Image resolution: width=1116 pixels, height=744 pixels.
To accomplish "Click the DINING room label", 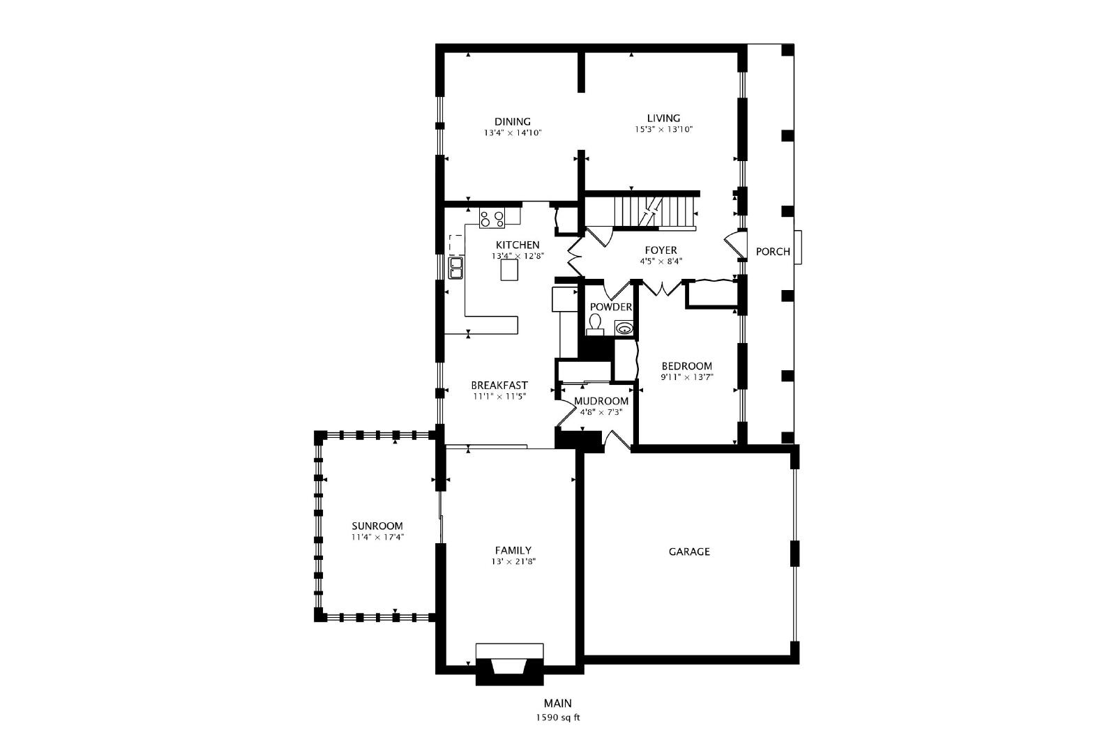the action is coord(512,121).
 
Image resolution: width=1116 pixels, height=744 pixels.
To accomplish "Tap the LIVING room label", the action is coord(663,118).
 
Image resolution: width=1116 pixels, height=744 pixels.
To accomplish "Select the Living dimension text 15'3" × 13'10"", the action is coord(663,130).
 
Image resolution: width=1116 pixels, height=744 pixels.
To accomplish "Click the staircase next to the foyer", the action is coord(655,212).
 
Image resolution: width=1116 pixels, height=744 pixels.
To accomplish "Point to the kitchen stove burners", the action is coord(492,219).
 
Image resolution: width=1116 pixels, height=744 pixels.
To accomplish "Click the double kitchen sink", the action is coord(456,268).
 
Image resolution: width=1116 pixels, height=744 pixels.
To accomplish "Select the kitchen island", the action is coord(509,271).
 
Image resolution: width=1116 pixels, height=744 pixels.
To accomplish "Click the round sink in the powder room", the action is coord(624,328).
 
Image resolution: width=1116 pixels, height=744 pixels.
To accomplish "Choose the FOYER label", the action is coord(661,250).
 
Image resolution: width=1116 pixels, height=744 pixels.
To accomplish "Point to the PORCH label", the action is coord(773,252).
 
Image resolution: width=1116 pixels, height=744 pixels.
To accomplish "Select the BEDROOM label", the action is coord(686,366).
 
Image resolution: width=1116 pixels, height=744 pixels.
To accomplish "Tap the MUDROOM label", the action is coord(601,401).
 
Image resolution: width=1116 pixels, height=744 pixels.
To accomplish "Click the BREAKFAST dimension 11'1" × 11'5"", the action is coord(499,397).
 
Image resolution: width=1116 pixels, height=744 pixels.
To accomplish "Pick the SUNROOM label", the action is coord(377,526).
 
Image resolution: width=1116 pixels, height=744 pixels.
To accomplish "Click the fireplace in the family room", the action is coord(509,665).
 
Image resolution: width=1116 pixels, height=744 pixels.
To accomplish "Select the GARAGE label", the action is coord(689,552).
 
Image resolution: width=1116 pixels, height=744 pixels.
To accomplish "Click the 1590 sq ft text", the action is coord(557,718).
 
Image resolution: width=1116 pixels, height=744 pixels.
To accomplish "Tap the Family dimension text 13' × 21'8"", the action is coord(513,561).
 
